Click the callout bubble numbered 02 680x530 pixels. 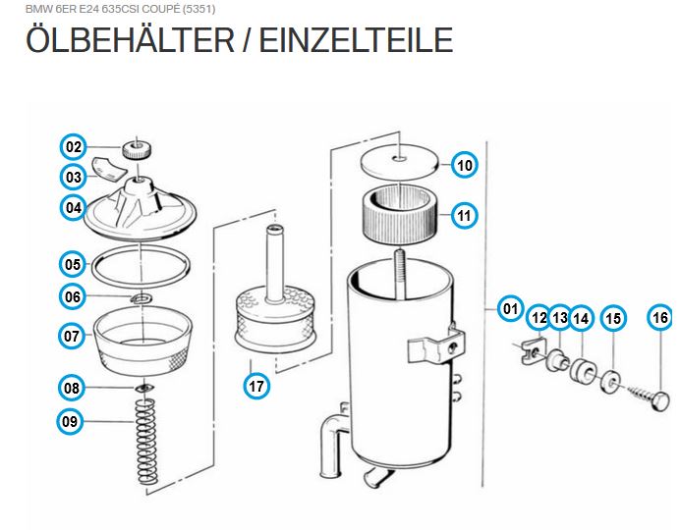(74, 147)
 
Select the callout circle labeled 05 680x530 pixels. (73, 264)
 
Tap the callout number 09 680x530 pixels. (70, 421)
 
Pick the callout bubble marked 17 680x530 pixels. (256, 386)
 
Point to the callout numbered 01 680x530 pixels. (510, 309)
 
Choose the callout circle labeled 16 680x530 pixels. (660, 317)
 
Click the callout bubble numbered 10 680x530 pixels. (465, 165)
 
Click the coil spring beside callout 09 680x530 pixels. (146, 441)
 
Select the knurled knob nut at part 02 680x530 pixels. (137, 151)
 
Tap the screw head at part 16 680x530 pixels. (659, 401)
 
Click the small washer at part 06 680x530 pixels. (141, 298)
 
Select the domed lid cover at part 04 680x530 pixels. (141, 209)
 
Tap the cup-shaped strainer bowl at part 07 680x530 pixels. (143, 341)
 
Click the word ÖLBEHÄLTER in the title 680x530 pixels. (130, 40)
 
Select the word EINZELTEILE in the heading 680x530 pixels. (356, 40)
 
